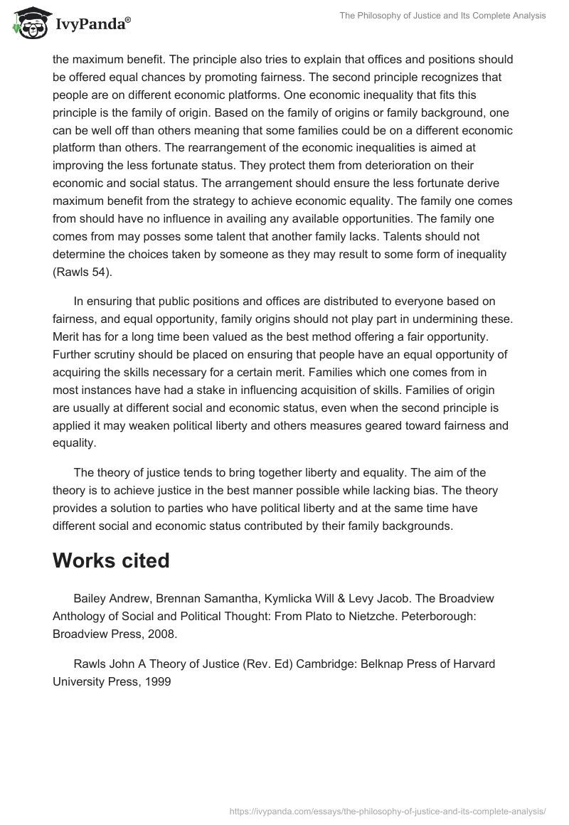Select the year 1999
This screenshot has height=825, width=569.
(x=156, y=681)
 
